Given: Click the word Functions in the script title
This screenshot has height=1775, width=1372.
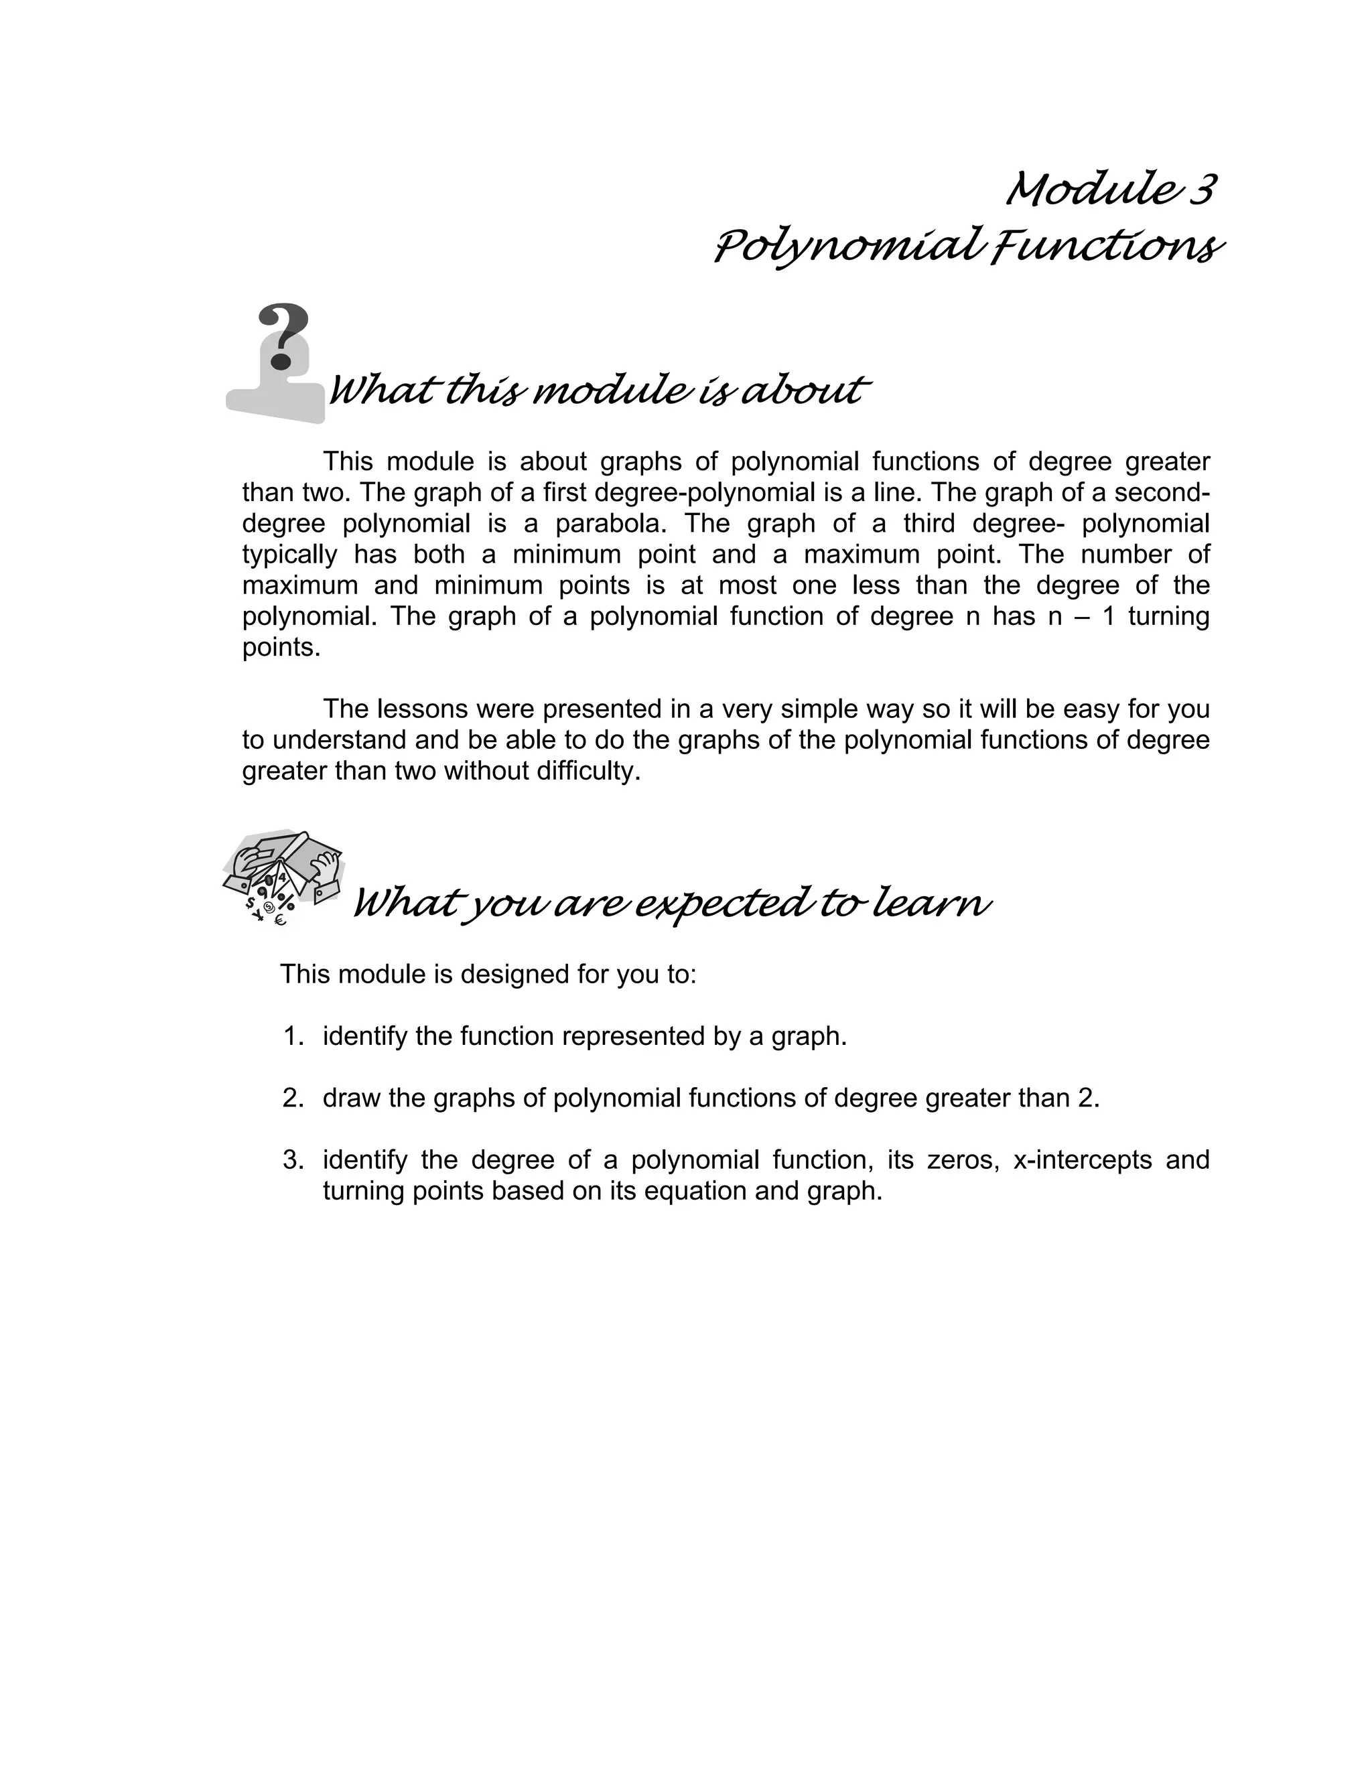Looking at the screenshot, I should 1106,247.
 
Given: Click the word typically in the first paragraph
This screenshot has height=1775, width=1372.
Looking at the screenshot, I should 289,555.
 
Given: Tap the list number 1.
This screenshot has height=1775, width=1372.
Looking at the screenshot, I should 293,1036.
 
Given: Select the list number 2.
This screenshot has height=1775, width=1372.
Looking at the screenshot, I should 293,1098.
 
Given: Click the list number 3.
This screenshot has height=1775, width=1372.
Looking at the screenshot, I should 293,1159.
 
